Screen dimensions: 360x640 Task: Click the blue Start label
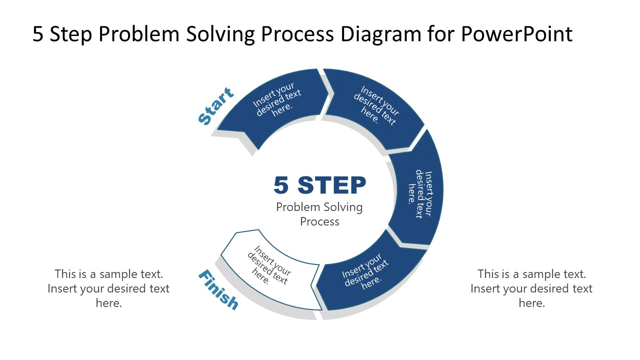click(216, 106)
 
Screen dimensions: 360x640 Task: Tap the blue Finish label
click(218, 289)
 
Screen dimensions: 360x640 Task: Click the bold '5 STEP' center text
click(320, 185)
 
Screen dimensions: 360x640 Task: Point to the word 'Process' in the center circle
click(320, 221)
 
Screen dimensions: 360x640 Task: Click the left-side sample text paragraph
click(108, 288)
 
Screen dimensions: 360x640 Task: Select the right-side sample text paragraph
click(531, 288)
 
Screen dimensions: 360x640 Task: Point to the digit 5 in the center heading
click(281, 185)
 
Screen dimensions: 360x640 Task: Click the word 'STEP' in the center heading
click(332, 185)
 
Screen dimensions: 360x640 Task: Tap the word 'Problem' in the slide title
click(142, 34)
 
